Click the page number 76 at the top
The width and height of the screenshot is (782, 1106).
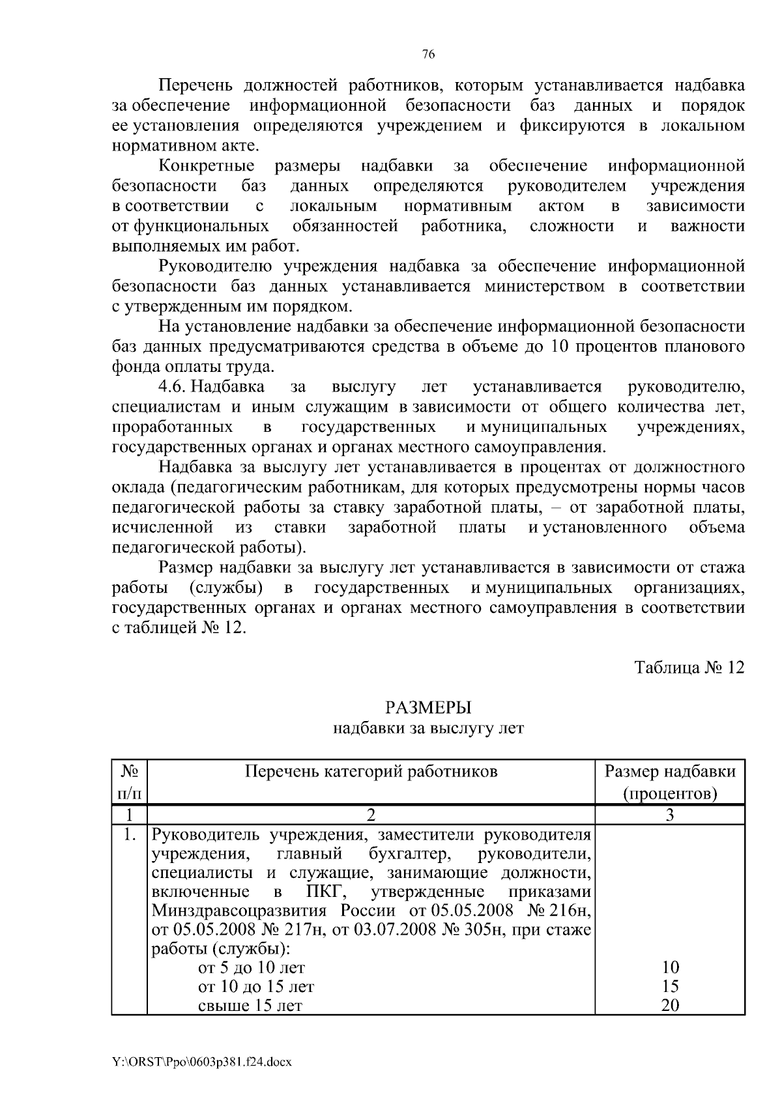pyautogui.click(x=428, y=55)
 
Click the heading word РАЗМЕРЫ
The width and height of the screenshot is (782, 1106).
pyautogui.click(x=428, y=707)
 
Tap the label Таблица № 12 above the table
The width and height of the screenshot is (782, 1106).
pyautogui.click(x=689, y=668)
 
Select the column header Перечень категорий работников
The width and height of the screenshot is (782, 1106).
pyautogui.click(x=371, y=772)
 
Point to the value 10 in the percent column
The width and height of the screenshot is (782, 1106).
pyautogui.click(x=670, y=967)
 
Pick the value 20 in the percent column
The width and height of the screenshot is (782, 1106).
pyautogui.click(x=670, y=1006)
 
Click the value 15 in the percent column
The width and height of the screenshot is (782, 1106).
pyautogui.click(x=670, y=986)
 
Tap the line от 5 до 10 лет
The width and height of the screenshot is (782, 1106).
pyautogui.click(x=252, y=968)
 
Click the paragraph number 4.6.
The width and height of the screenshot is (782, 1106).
pyautogui.click(x=173, y=388)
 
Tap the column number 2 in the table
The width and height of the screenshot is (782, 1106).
pyautogui.click(x=371, y=815)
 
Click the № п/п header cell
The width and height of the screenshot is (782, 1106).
pyautogui.click(x=130, y=782)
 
